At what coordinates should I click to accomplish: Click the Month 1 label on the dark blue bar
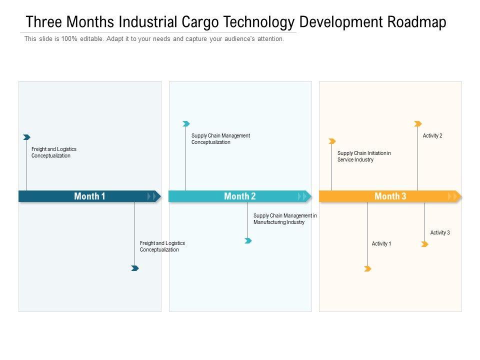coord(89,196)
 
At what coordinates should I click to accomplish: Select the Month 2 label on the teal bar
coord(240,196)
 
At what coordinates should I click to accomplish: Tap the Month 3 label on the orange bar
coord(390,196)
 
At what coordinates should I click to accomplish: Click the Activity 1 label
coord(381,244)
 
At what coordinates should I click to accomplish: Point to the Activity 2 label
coord(432,136)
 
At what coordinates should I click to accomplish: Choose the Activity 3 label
coord(440,233)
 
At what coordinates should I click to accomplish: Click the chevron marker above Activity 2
coord(418,123)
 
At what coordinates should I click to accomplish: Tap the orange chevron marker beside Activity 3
coord(424,244)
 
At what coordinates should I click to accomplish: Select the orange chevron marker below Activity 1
coord(367,269)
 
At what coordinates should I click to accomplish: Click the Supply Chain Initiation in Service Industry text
coord(364,156)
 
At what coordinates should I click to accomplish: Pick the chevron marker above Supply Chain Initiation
coord(332,141)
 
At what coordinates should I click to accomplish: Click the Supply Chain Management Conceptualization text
coord(220,139)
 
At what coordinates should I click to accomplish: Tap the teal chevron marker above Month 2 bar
coord(186,123)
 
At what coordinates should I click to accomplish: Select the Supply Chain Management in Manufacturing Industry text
coord(285,219)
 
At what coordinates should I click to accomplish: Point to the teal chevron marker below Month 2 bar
coord(248,241)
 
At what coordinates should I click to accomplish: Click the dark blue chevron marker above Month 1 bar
coord(26,137)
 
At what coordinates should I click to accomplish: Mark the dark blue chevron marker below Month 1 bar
coord(134,268)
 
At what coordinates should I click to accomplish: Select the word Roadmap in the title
coord(417,22)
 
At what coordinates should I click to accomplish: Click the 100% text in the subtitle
coord(70,39)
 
